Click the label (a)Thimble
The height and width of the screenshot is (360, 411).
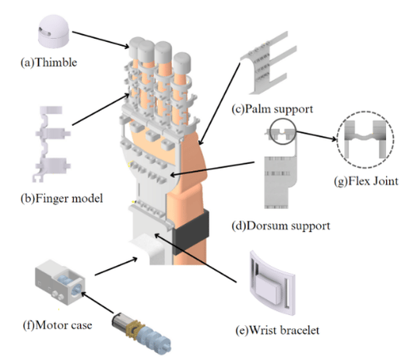point(49,62)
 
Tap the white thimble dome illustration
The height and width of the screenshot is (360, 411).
point(54,31)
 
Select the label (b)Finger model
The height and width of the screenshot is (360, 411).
point(61,198)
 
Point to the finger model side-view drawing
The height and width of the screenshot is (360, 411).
point(51,144)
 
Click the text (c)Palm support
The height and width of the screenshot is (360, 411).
point(272,109)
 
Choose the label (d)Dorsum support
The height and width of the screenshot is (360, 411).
point(281,225)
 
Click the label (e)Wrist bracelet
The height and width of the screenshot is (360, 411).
point(277,330)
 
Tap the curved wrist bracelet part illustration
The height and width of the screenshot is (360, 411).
point(272,283)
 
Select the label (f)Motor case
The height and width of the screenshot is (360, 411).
point(58,325)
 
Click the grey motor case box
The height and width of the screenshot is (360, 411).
point(60,282)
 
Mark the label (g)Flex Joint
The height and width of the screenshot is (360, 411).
point(366,181)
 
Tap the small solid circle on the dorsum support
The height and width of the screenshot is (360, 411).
point(283,131)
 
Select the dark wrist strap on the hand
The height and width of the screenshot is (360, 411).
point(191,232)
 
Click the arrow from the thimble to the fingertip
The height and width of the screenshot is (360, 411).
point(100,40)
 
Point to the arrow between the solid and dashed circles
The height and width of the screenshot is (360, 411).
point(316,136)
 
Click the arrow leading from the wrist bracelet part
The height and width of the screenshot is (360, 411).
point(195,258)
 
